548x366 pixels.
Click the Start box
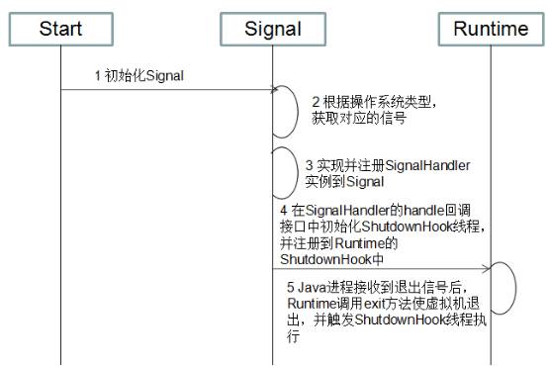coord(61,30)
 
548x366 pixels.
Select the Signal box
coord(272,30)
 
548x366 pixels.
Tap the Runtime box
coord(491,30)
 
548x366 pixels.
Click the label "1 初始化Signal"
coord(137,75)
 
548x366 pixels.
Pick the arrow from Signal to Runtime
coord(381,268)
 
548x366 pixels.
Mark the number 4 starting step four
coord(283,211)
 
